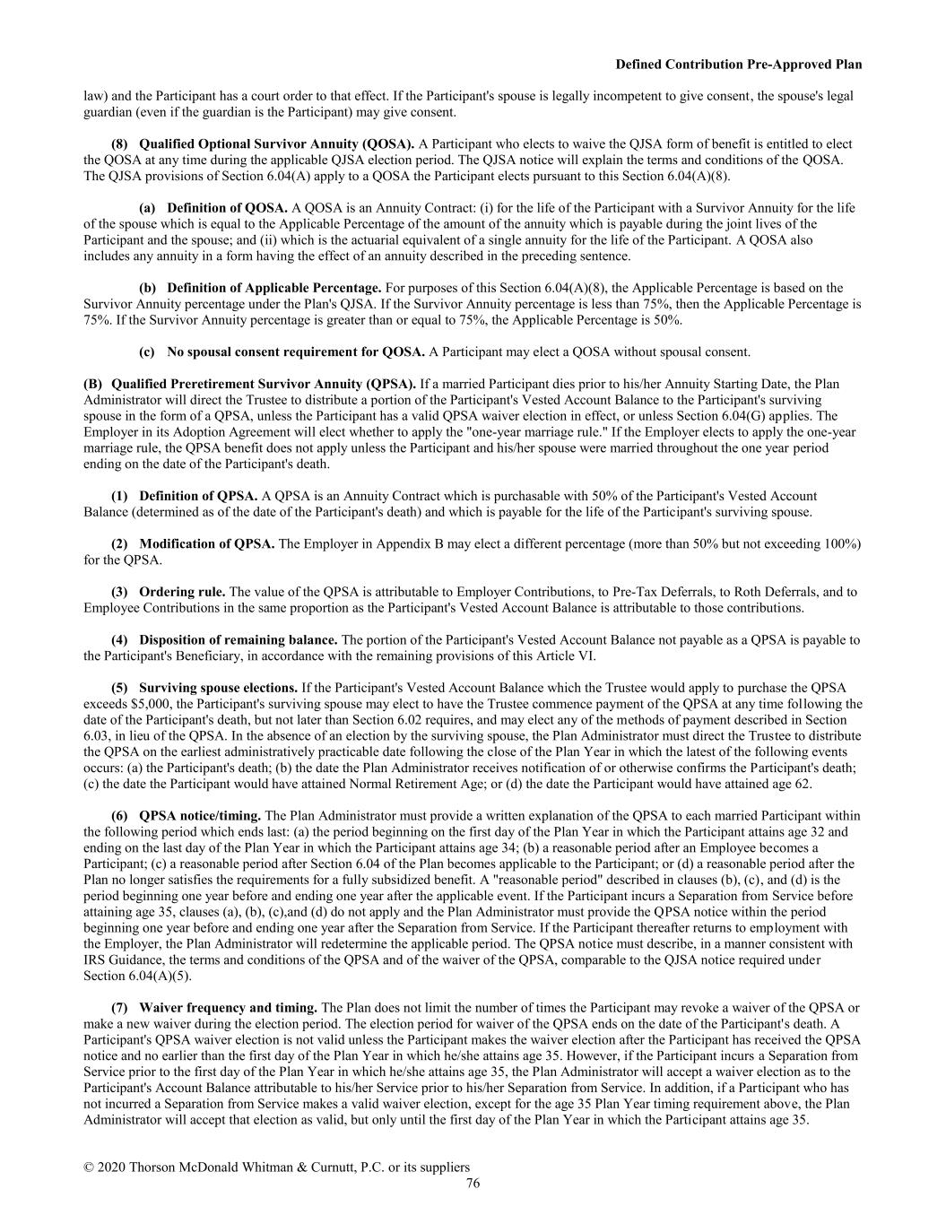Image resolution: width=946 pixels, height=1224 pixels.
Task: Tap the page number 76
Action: tap(473, 1184)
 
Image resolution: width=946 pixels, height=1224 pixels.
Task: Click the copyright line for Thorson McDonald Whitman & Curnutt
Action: tap(276, 1168)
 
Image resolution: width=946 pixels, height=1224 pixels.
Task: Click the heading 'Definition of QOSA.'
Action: tap(227, 208)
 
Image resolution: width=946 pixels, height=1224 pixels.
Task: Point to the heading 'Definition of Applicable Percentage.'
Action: tap(273, 288)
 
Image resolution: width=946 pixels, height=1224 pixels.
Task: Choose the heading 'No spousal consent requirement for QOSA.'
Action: tap(296, 352)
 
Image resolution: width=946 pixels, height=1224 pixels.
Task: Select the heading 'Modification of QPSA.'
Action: tap(206, 544)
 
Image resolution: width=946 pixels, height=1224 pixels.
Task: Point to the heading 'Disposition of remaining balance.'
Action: tap(238, 639)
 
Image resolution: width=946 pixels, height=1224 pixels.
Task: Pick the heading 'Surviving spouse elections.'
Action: tap(218, 688)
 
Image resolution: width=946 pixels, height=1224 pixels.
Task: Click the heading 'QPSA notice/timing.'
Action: tap(200, 816)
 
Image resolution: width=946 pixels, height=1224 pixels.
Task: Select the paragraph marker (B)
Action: tap(93, 384)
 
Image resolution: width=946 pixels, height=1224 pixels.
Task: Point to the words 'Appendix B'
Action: tap(393, 544)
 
